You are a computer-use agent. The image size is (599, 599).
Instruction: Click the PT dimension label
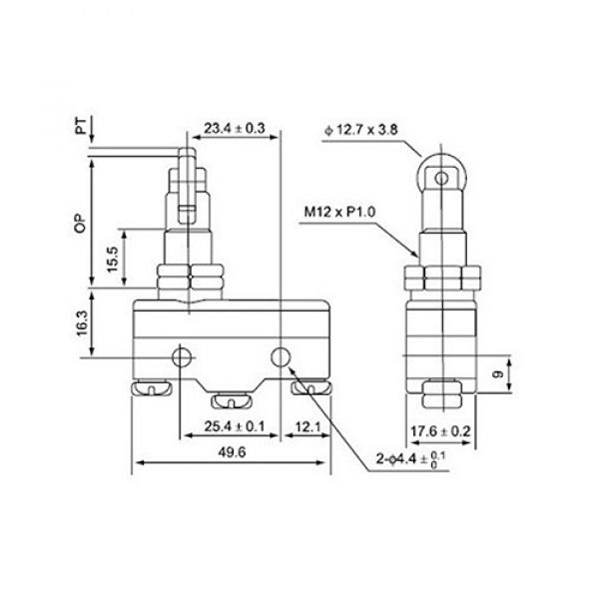pos(81,127)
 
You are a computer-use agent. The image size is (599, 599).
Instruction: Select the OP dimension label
pos(81,225)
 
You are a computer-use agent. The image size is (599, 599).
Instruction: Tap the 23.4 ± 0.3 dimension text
pos(234,128)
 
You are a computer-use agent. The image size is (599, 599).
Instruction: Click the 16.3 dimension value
pos(81,324)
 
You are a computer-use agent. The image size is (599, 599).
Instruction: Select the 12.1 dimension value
pos(307,427)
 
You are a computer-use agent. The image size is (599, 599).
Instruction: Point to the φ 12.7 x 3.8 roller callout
pos(363,129)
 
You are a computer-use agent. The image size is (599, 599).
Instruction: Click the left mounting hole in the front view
pos(182,357)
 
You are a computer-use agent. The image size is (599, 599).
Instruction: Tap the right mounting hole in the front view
pos(282,356)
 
